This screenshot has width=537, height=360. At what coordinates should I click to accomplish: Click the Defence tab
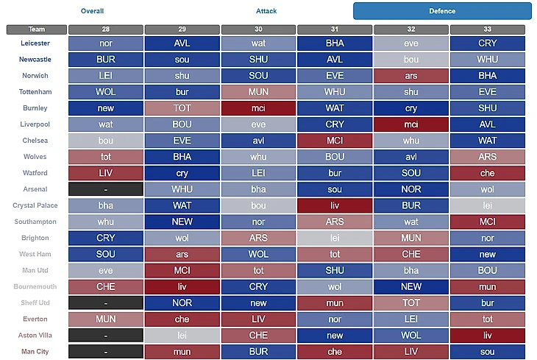[x=442, y=11]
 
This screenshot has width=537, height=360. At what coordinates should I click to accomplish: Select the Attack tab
[x=266, y=11]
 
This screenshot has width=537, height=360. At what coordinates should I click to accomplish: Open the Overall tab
[x=92, y=11]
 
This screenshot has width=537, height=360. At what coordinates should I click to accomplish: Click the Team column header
[x=36, y=29]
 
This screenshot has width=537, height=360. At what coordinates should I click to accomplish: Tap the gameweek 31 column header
[x=334, y=29]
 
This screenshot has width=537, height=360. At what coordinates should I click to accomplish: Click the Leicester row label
[x=36, y=43]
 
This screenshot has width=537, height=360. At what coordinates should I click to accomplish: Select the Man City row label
[x=36, y=351]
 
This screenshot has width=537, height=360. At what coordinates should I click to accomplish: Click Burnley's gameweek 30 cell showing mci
[x=257, y=108]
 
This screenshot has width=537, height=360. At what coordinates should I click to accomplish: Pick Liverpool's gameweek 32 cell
[x=410, y=124]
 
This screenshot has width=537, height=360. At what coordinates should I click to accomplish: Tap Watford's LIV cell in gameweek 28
[x=105, y=173]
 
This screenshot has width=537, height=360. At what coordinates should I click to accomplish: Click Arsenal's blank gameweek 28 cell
[x=105, y=189]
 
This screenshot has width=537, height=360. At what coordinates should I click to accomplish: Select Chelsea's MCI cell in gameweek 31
[x=334, y=141]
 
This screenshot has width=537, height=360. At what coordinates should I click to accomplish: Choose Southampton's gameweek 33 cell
[x=487, y=222]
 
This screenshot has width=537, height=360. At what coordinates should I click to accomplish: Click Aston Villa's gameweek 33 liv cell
[x=487, y=335]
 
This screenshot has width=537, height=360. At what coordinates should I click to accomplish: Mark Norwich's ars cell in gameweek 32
[x=410, y=76]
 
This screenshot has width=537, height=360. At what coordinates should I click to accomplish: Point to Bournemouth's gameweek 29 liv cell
[x=182, y=286]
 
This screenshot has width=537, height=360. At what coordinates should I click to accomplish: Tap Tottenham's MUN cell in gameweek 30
[x=257, y=92]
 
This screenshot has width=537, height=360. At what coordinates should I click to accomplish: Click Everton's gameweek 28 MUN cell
[x=105, y=319]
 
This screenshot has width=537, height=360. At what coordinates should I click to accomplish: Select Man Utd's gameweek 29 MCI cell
[x=182, y=270]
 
